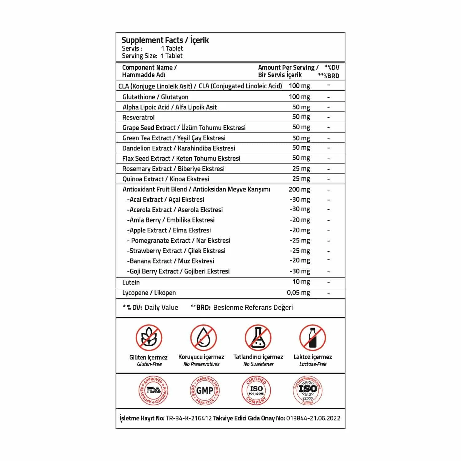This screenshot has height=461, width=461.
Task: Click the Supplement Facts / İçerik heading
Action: click(x=165, y=40)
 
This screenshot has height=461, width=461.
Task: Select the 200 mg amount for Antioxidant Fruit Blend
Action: click(x=299, y=189)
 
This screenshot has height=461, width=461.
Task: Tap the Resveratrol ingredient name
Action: click(x=138, y=117)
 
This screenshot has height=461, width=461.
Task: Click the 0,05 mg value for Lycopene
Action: click(x=298, y=293)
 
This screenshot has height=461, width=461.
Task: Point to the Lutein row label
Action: click(x=131, y=282)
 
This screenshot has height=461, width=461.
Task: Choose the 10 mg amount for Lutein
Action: click(x=301, y=282)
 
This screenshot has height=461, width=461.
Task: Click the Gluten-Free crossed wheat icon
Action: click(x=149, y=338)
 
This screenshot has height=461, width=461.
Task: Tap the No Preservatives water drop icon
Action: click(x=203, y=338)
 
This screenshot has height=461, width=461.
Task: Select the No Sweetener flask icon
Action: click(x=258, y=338)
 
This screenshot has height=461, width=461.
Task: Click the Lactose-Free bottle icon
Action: click(x=312, y=338)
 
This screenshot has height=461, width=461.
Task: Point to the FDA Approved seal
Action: click(x=153, y=390)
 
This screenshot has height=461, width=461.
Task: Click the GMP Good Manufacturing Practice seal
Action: click(x=205, y=390)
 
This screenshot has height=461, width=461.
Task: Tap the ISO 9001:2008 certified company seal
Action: click(x=256, y=390)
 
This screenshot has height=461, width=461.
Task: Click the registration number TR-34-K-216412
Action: click(x=189, y=418)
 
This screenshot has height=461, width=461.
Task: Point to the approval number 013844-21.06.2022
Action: click(x=313, y=418)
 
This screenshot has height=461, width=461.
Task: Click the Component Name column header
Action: click(x=149, y=71)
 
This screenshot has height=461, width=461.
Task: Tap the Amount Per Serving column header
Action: click(x=288, y=71)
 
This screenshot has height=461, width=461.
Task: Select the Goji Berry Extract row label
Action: click(x=178, y=271)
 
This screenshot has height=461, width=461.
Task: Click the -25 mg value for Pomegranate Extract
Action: click(x=299, y=241)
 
